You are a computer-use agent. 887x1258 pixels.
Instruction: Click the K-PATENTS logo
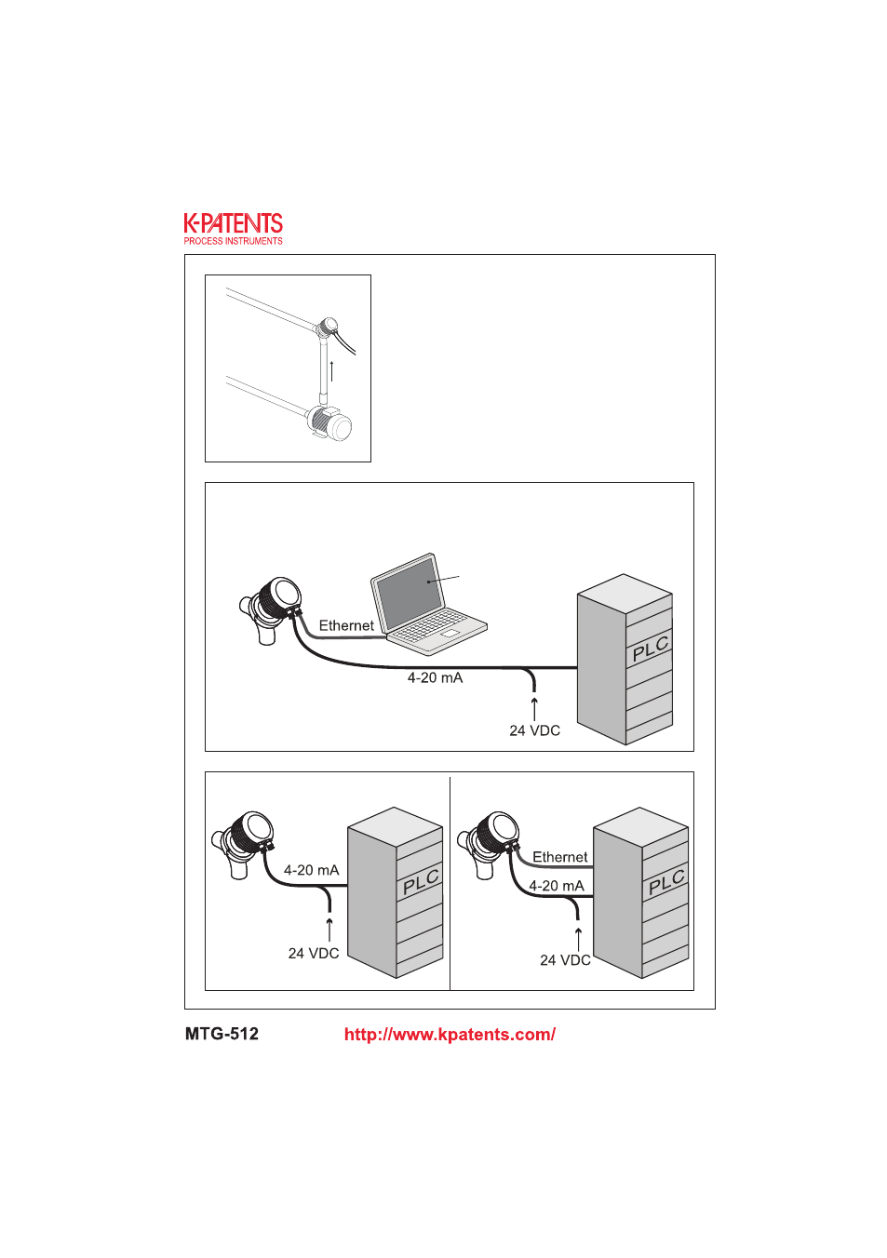point(233,229)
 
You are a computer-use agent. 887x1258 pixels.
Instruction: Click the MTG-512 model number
point(222,1034)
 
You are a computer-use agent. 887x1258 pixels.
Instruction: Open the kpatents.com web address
point(450,1035)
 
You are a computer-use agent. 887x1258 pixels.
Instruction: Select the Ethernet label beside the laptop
point(346,625)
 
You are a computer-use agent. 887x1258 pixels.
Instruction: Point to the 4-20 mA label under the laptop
point(435,678)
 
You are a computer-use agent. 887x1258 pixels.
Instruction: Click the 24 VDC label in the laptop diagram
point(535,730)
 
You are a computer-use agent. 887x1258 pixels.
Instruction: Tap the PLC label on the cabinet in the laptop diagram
point(651,649)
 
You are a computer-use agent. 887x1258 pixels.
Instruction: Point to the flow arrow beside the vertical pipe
point(331,370)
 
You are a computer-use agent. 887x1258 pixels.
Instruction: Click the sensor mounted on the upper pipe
point(327,327)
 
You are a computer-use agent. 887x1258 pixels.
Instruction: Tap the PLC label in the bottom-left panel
point(422,882)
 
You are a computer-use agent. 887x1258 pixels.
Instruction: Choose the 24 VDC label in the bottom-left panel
point(314,954)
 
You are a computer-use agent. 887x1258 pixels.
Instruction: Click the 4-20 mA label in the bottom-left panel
point(311,870)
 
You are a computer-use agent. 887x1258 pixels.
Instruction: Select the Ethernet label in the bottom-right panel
point(559,856)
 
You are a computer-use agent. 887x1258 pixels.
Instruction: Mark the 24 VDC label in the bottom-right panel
point(565,960)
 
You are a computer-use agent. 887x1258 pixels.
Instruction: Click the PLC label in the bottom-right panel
point(666,882)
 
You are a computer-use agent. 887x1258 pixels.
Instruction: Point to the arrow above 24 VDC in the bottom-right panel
point(578,939)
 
